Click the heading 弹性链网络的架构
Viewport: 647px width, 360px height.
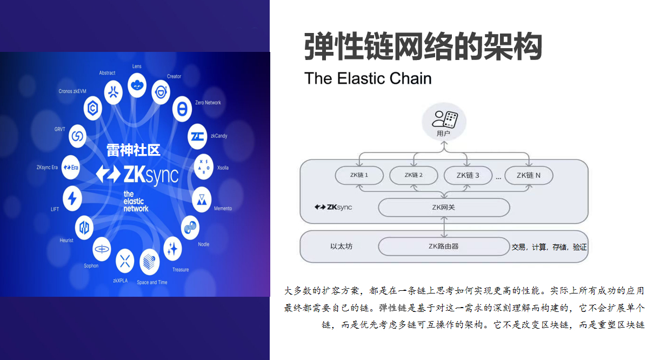point(423,47)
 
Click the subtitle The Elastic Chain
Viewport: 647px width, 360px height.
point(368,78)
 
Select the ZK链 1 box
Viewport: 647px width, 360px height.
point(359,175)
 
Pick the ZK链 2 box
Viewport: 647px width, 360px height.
point(413,175)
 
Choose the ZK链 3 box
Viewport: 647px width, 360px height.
point(468,175)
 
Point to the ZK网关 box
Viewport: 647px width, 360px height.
point(444,207)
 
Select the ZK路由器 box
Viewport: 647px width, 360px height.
point(444,246)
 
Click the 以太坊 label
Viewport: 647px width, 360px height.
point(341,246)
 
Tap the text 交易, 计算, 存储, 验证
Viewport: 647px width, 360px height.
point(549,248)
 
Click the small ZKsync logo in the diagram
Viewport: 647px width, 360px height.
point(333,207)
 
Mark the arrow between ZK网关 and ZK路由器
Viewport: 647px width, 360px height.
point(444,227)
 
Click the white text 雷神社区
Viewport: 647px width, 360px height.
point(133,150)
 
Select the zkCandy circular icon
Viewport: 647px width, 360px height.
point(197,137)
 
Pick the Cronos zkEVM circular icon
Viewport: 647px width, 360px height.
point(93,109)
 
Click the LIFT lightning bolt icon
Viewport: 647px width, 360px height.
point(72,198)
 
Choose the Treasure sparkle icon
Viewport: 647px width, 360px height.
point(172,248)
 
